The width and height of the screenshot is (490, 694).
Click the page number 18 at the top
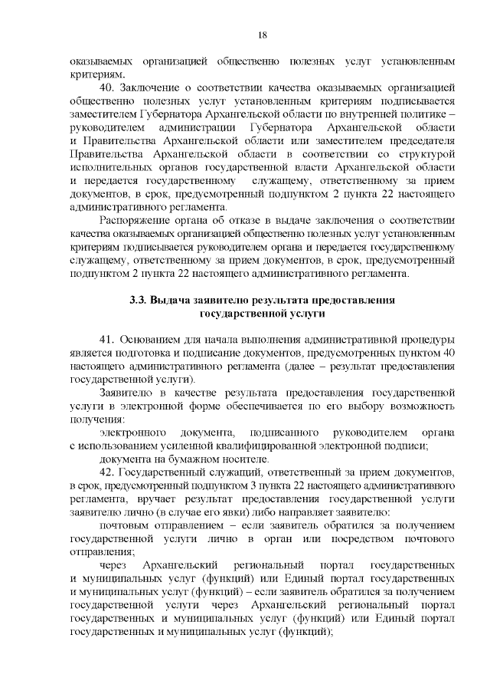[x=262, y=35]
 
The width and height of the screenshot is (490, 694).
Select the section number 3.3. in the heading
[x=139, y=301]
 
